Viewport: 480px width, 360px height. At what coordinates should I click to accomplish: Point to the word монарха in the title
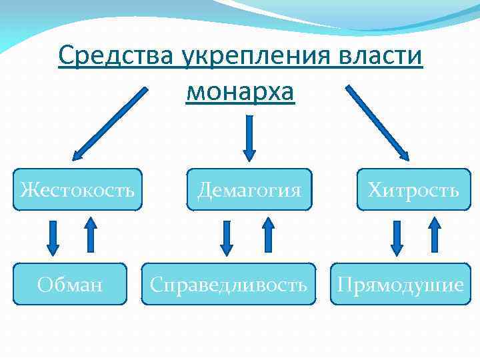(240, 91)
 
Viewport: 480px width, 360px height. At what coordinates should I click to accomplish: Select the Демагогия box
(249, 190)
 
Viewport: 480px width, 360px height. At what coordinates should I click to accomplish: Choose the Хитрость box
(413, 190)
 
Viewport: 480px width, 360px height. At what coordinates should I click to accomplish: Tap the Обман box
(70, 284)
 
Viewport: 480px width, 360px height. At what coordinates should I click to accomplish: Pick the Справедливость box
(228, 284)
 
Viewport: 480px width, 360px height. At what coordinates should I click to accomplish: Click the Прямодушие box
(400, 284)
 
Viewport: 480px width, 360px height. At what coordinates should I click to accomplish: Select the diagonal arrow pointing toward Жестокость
(110, 123)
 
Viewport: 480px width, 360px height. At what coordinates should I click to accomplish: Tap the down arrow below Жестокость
(55, 237)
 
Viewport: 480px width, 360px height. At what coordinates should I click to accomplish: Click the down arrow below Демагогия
(227, 237)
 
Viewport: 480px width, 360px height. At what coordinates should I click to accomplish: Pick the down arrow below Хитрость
(398, 237)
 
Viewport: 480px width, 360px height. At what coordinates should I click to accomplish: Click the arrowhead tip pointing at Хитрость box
(406, 157)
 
